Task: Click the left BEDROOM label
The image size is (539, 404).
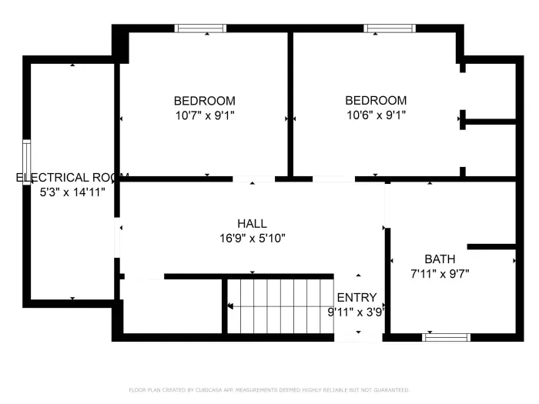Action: pyautogui.click(x=204, y=101)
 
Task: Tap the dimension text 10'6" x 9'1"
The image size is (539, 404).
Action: pyautogui.click(x=375, y=115)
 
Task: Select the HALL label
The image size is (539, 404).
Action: pyautogui.click(x=253, y=224)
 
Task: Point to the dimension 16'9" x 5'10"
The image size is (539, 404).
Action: pyautogui.click(x=253, y=239)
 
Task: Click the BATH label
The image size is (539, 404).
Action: pyautogui.click(x=440, y=259)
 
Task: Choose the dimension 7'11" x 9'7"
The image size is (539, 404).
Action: pyautogui.click(x=439, y=273)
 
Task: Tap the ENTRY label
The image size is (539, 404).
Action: pyautogui.click(x=357, y=298)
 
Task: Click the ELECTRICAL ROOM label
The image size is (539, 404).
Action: pyautogui.click(x=72, y=178)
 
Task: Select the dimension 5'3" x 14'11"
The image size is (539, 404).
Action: pyautogui.click(x=72, y=192)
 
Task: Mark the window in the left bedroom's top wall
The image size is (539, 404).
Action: pyautogui.click(x=200, y=28)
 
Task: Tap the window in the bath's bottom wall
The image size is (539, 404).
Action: pyautogui.click(x=447, y=337)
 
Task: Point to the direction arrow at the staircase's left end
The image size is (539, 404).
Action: pyautogui.click(x=230, y=306)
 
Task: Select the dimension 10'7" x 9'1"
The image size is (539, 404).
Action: pyautogui.click(x=204, y=115)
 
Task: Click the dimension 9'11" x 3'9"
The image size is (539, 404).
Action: pyautogui.click(x=356, y=312)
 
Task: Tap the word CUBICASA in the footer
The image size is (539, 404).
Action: pyautogui.click(x=202, y=390)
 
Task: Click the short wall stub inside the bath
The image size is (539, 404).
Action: pyautogui.click(x=490, y=247)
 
